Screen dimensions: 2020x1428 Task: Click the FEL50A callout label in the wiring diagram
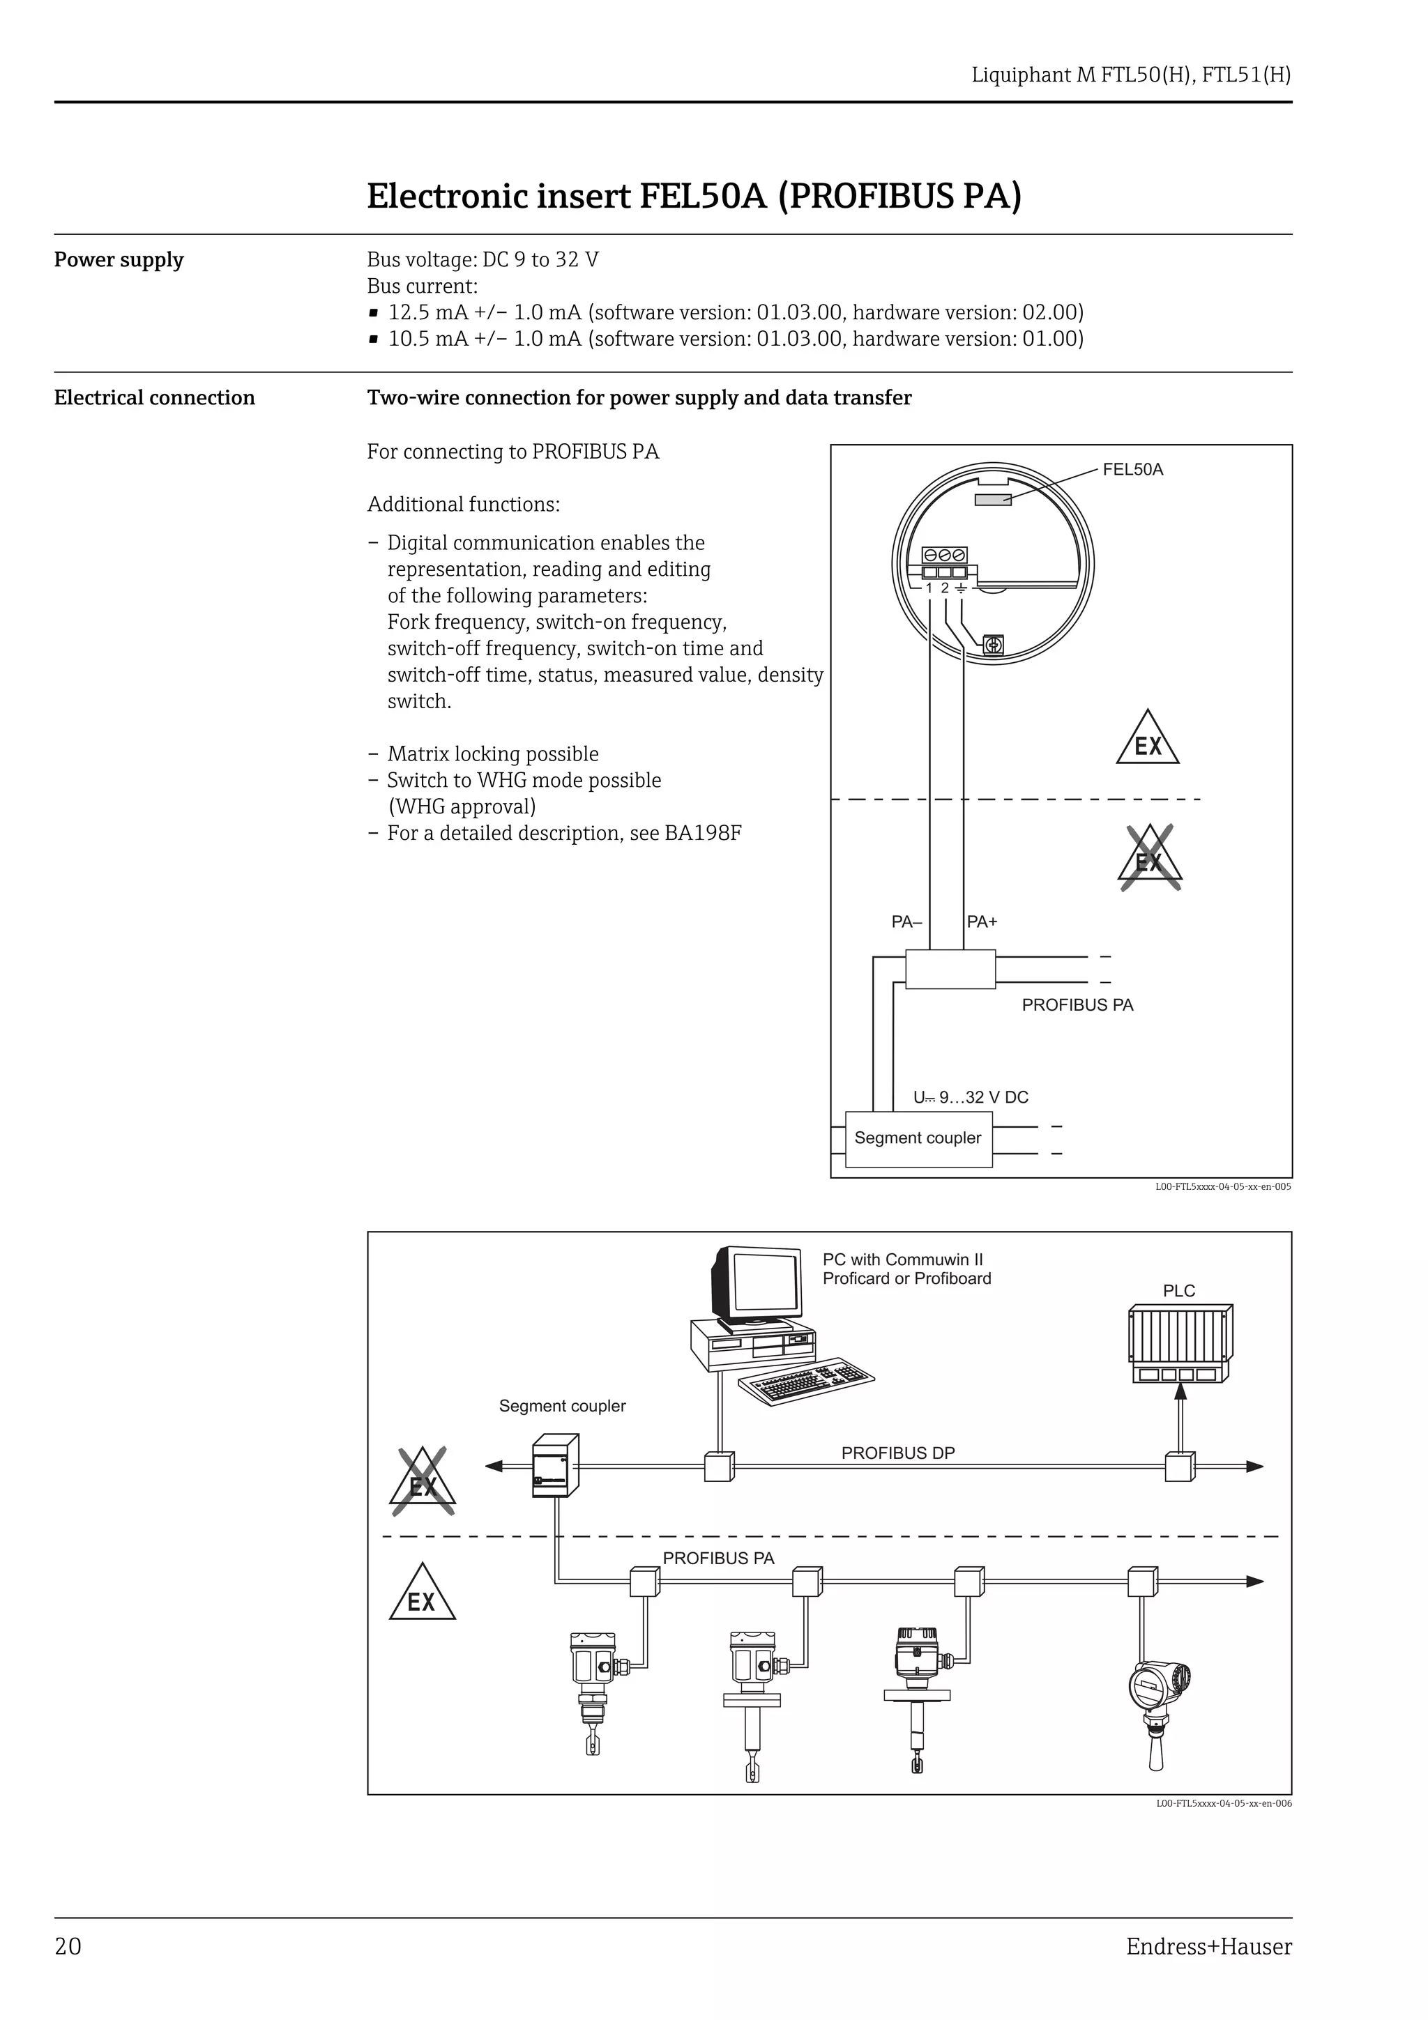click(x=1132, y=470)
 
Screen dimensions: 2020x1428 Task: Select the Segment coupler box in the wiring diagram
click(x=918, y=1138)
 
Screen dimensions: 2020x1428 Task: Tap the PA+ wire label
click(x=982, y=922)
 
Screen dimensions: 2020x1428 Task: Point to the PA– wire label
click(x=906, y=922)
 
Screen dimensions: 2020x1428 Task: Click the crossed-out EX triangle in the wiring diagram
click(x=1150, y=858)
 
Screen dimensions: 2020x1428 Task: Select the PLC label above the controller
click(x=1179, y=1291)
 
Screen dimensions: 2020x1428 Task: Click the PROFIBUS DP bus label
click(x=897, y=1453)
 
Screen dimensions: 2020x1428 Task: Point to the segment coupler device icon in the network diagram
click(x=554, y=1466)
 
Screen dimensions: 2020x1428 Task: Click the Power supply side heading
click(x=119, y=261)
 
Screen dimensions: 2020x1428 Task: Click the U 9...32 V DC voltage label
click(x=971, y=1097)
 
